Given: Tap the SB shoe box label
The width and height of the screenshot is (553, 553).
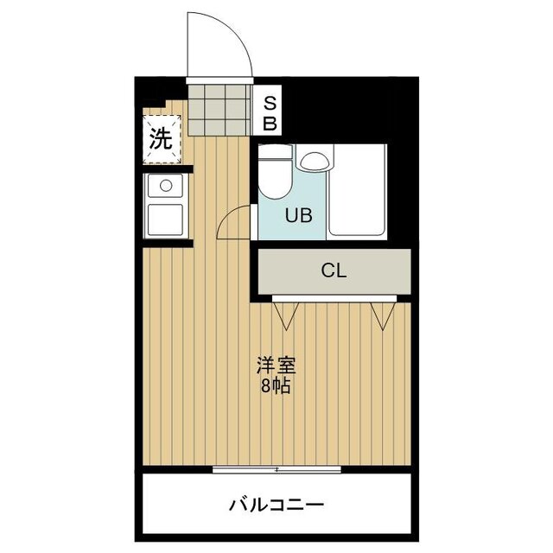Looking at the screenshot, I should click(x=270, y=113).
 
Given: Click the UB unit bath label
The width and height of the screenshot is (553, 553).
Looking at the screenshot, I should click(x=287, y=215).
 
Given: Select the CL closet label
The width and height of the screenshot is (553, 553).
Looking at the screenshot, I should click(x=334, y=270).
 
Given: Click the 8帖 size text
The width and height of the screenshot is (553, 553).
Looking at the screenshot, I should click(x=271, y=386).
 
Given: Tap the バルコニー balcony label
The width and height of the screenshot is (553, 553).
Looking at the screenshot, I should click(x=276, y=504).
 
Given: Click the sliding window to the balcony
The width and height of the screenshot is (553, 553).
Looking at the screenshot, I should click(x=276, y=469).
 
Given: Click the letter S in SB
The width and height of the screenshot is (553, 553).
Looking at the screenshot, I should click(x=270, y=103).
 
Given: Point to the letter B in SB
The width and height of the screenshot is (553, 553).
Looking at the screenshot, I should click(x=270, y=123).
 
